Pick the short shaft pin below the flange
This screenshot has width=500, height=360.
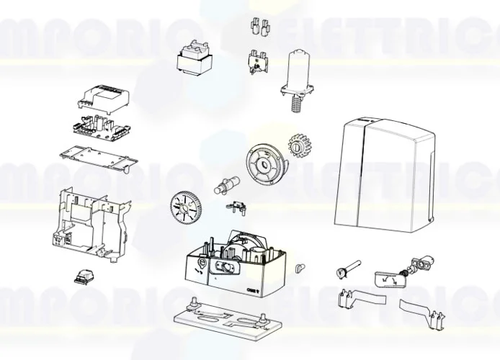click(x=227, y=184)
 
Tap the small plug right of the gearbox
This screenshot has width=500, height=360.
click(x=300, y=269)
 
